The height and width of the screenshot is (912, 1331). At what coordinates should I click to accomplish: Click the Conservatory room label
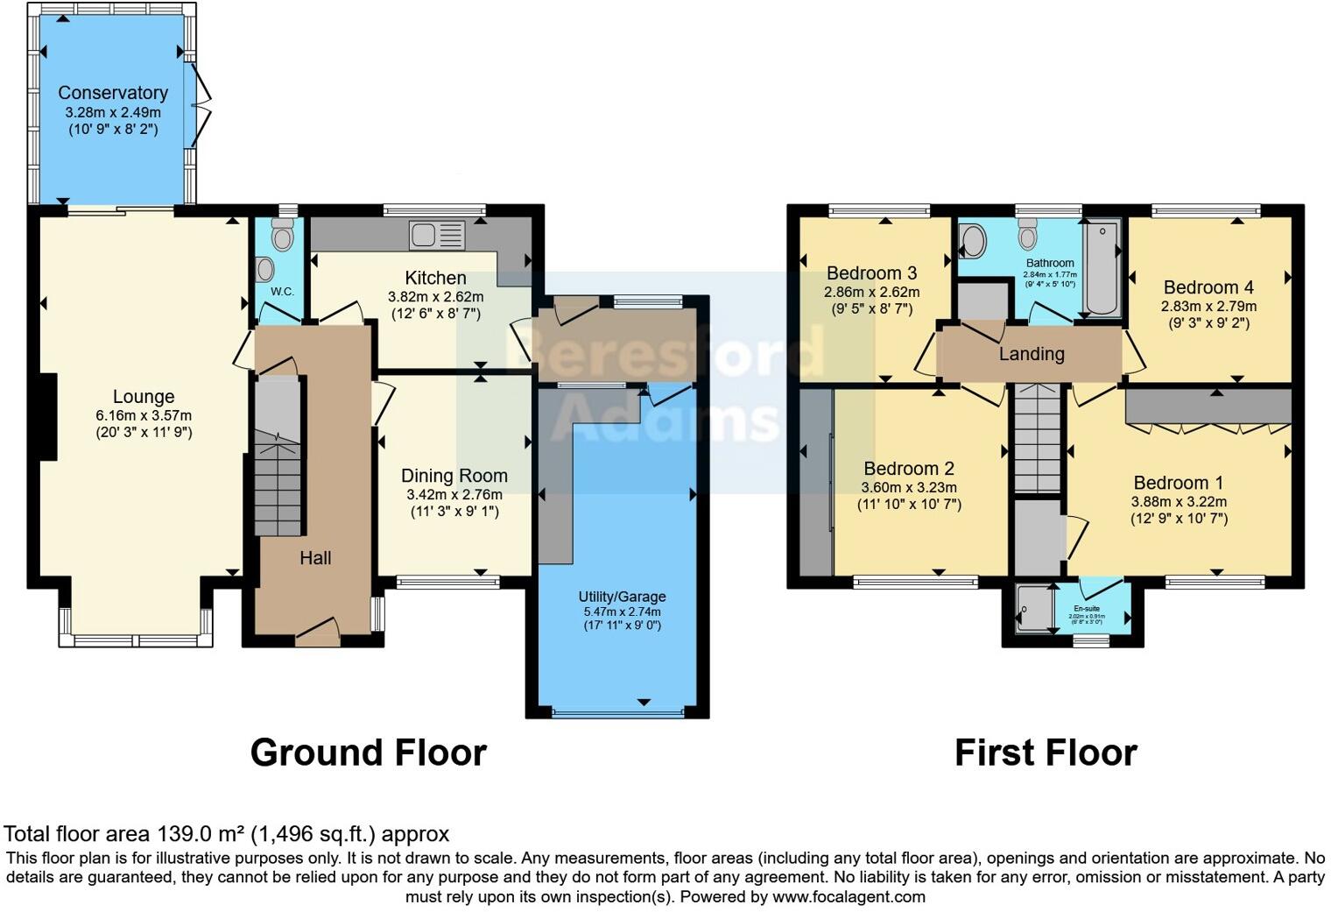(113, 93)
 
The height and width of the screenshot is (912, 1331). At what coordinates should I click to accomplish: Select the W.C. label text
(282, 292)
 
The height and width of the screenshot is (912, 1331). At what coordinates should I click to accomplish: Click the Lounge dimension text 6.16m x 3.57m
(144, 415)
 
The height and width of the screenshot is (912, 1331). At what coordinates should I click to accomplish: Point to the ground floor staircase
(278, 473)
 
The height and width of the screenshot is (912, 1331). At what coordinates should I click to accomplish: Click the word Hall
(315, 558)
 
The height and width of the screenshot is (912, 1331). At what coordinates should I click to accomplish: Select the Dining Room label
(454, 476)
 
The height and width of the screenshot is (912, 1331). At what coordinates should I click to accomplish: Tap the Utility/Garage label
(622, 597)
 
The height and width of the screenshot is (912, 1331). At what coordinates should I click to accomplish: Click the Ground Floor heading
(368, 753)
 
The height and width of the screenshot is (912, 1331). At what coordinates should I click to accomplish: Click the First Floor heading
(1046, 753)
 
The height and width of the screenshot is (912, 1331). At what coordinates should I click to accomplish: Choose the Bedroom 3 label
(871, 273)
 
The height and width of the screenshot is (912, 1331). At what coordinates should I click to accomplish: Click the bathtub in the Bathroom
(1102, 268)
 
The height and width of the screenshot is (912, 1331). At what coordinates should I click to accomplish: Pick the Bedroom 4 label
(1208, 287)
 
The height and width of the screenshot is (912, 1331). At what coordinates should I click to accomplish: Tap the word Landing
(1032, 354)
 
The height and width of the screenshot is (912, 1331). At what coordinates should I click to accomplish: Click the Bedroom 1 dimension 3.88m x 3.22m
(1179, 502)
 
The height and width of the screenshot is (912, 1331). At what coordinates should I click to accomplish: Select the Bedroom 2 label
(909, 469)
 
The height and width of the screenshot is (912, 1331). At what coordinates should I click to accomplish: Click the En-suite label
(1087, 608)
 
